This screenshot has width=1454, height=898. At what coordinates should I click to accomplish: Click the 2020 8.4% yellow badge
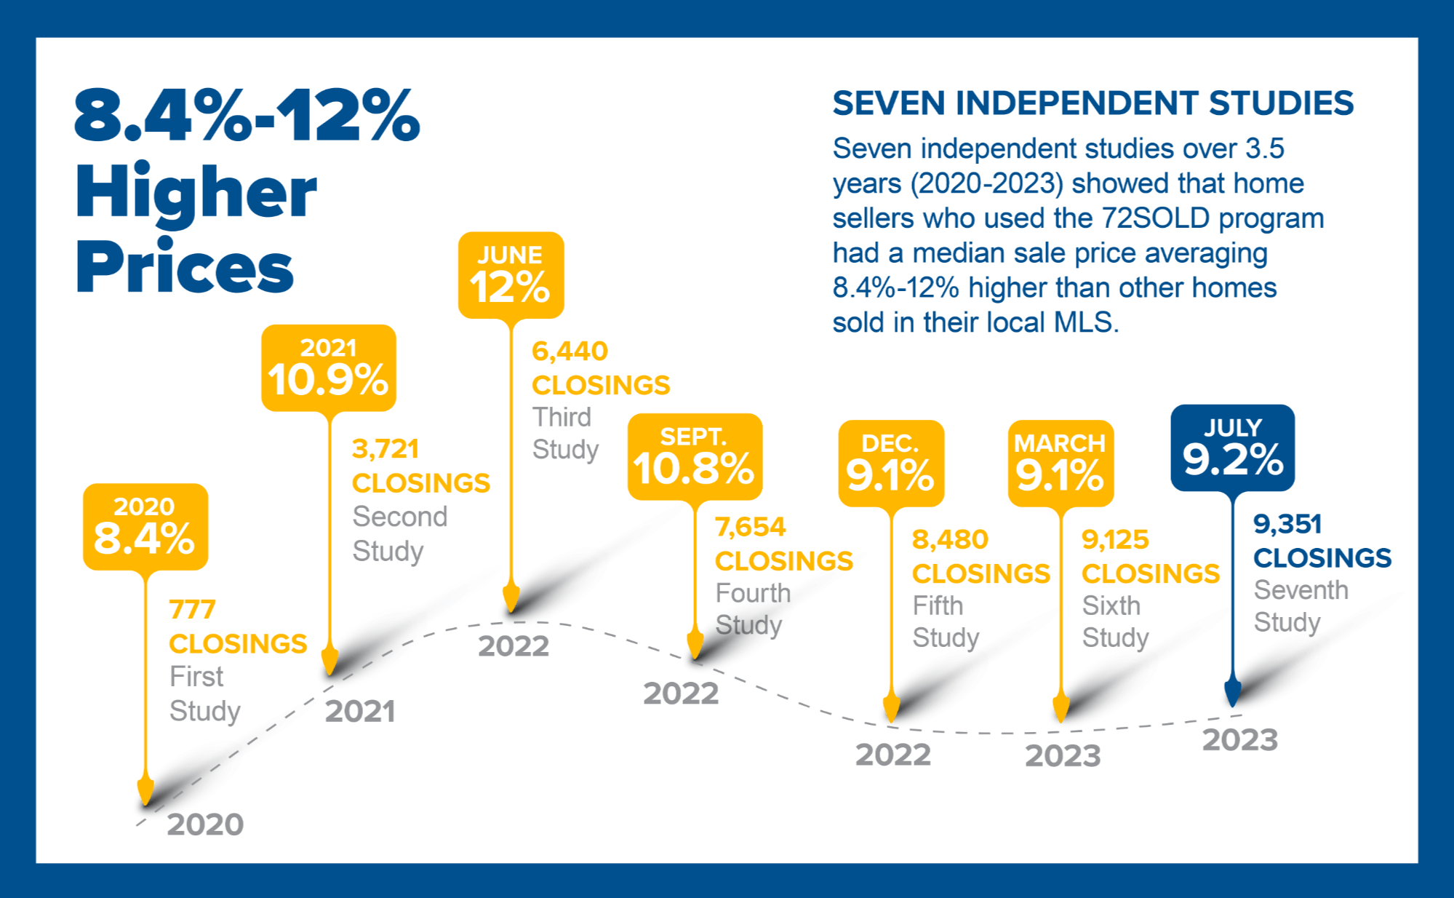click(145, 526)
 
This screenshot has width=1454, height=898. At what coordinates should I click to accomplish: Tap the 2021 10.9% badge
click(329, 367)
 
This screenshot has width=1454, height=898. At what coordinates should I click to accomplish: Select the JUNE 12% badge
click(511, 275)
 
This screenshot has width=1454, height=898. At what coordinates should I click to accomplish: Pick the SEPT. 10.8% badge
click(695, 456)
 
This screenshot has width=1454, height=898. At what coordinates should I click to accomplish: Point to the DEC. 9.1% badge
click(891, 463)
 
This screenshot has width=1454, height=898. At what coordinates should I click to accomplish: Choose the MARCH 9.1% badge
click(1060, 463)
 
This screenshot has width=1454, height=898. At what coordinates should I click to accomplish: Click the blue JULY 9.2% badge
click(1232, 448)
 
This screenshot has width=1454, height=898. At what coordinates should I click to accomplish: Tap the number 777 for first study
click(192, 609)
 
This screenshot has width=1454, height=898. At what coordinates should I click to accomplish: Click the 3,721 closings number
click(386, 449)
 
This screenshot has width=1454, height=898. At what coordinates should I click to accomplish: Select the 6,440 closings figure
click(570, 351)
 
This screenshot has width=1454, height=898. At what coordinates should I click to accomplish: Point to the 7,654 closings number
click(750, 527)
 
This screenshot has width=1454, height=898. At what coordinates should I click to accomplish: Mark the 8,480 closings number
click(950, 539)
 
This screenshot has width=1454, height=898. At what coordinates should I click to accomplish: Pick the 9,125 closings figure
click(1115, 539)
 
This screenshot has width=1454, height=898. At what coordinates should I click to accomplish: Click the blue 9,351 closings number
click(1287, 524)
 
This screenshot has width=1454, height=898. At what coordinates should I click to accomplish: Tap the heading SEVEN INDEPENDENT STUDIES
click(1093, 103)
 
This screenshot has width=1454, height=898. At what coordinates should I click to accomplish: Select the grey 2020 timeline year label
click(205, 825)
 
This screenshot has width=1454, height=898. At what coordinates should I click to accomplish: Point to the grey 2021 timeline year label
click(360, 711)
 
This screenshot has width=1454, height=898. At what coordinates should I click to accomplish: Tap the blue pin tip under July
click(1232, 696)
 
